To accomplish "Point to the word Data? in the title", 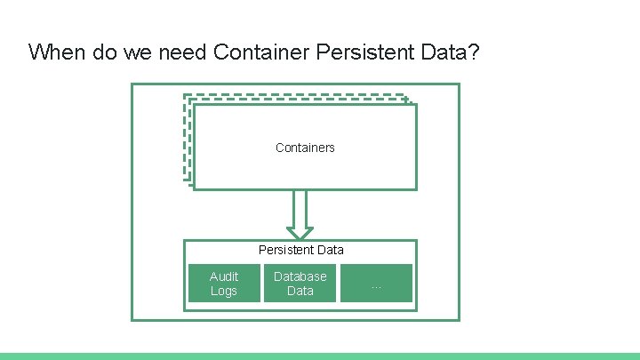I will click(452, 52).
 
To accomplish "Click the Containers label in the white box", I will click(305, 148).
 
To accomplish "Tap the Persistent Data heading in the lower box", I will click(300, 250).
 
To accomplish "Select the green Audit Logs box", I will click(223, 284).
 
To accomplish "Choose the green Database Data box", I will click(300, 284).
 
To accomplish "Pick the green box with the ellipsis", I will click(377, 284).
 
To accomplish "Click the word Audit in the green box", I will click(224, 276).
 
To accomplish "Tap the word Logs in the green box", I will click(224, 291).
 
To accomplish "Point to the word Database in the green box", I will click(300, 276).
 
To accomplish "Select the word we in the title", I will click(133, 52).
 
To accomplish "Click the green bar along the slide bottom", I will click(320, 356).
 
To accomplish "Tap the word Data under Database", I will click(300, 291).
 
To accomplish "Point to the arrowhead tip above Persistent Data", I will click(300, 236).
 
